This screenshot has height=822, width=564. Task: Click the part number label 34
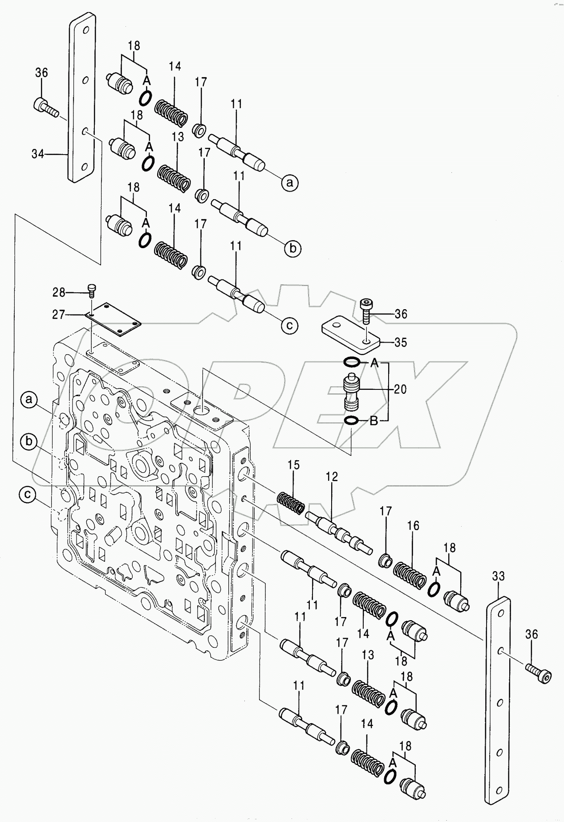click(37, 154)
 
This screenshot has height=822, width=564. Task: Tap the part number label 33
click(498, 577)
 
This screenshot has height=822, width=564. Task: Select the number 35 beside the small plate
click(400, 343)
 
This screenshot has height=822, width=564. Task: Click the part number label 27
click(59, 315)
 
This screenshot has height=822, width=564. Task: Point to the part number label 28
click(59, 293)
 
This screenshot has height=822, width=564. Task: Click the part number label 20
click(400, 389)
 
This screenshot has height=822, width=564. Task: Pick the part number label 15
click(293, 465)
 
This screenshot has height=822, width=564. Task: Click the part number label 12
click(332, 477)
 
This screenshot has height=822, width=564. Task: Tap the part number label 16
click(413, 526)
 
